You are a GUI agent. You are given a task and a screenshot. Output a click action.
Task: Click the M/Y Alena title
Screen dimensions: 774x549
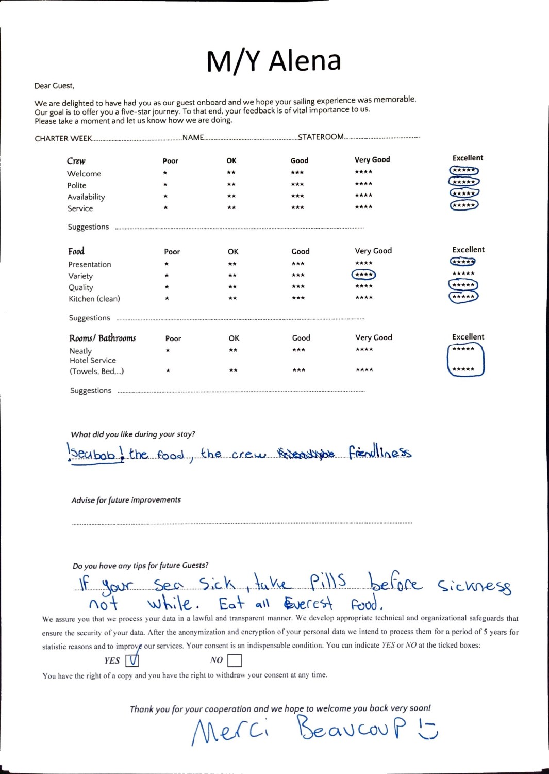coord(274,61)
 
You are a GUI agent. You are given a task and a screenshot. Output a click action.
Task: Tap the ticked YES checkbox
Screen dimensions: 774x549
coord(132,660)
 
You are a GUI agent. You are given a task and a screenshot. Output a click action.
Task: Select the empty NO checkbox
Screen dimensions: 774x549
coord(234,660)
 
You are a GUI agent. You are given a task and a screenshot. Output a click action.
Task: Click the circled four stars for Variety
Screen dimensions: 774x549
coord(363,275)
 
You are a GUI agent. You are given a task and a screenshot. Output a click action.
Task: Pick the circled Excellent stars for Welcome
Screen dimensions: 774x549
coord(464,170)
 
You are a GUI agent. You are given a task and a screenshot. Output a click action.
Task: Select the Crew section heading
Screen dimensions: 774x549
coord(76,161)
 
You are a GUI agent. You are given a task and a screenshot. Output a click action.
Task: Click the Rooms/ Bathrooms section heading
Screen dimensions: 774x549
coord(103,338)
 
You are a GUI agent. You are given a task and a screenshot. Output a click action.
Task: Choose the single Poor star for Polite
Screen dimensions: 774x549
coord(165,185)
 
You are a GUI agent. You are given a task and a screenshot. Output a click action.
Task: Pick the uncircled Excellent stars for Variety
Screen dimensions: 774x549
coord(463,273)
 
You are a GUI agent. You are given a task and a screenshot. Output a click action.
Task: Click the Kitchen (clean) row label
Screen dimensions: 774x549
coord(94,299)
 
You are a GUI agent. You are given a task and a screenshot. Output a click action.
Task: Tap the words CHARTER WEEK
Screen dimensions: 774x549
coord(63,138)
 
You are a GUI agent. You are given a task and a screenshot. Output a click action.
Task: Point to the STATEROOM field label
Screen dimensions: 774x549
coord(321,137)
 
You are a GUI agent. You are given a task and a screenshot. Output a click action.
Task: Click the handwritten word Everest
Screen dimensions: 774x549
coord(308,603)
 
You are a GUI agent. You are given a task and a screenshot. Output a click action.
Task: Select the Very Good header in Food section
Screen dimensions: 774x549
coord(373,251)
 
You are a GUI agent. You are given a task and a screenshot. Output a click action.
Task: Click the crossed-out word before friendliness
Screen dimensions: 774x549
coord(306,454)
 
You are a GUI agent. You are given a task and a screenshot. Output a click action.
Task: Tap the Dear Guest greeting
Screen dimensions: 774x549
coord(54,86)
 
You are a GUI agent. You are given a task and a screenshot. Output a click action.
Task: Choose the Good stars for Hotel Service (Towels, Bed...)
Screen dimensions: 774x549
coord(299,370)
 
